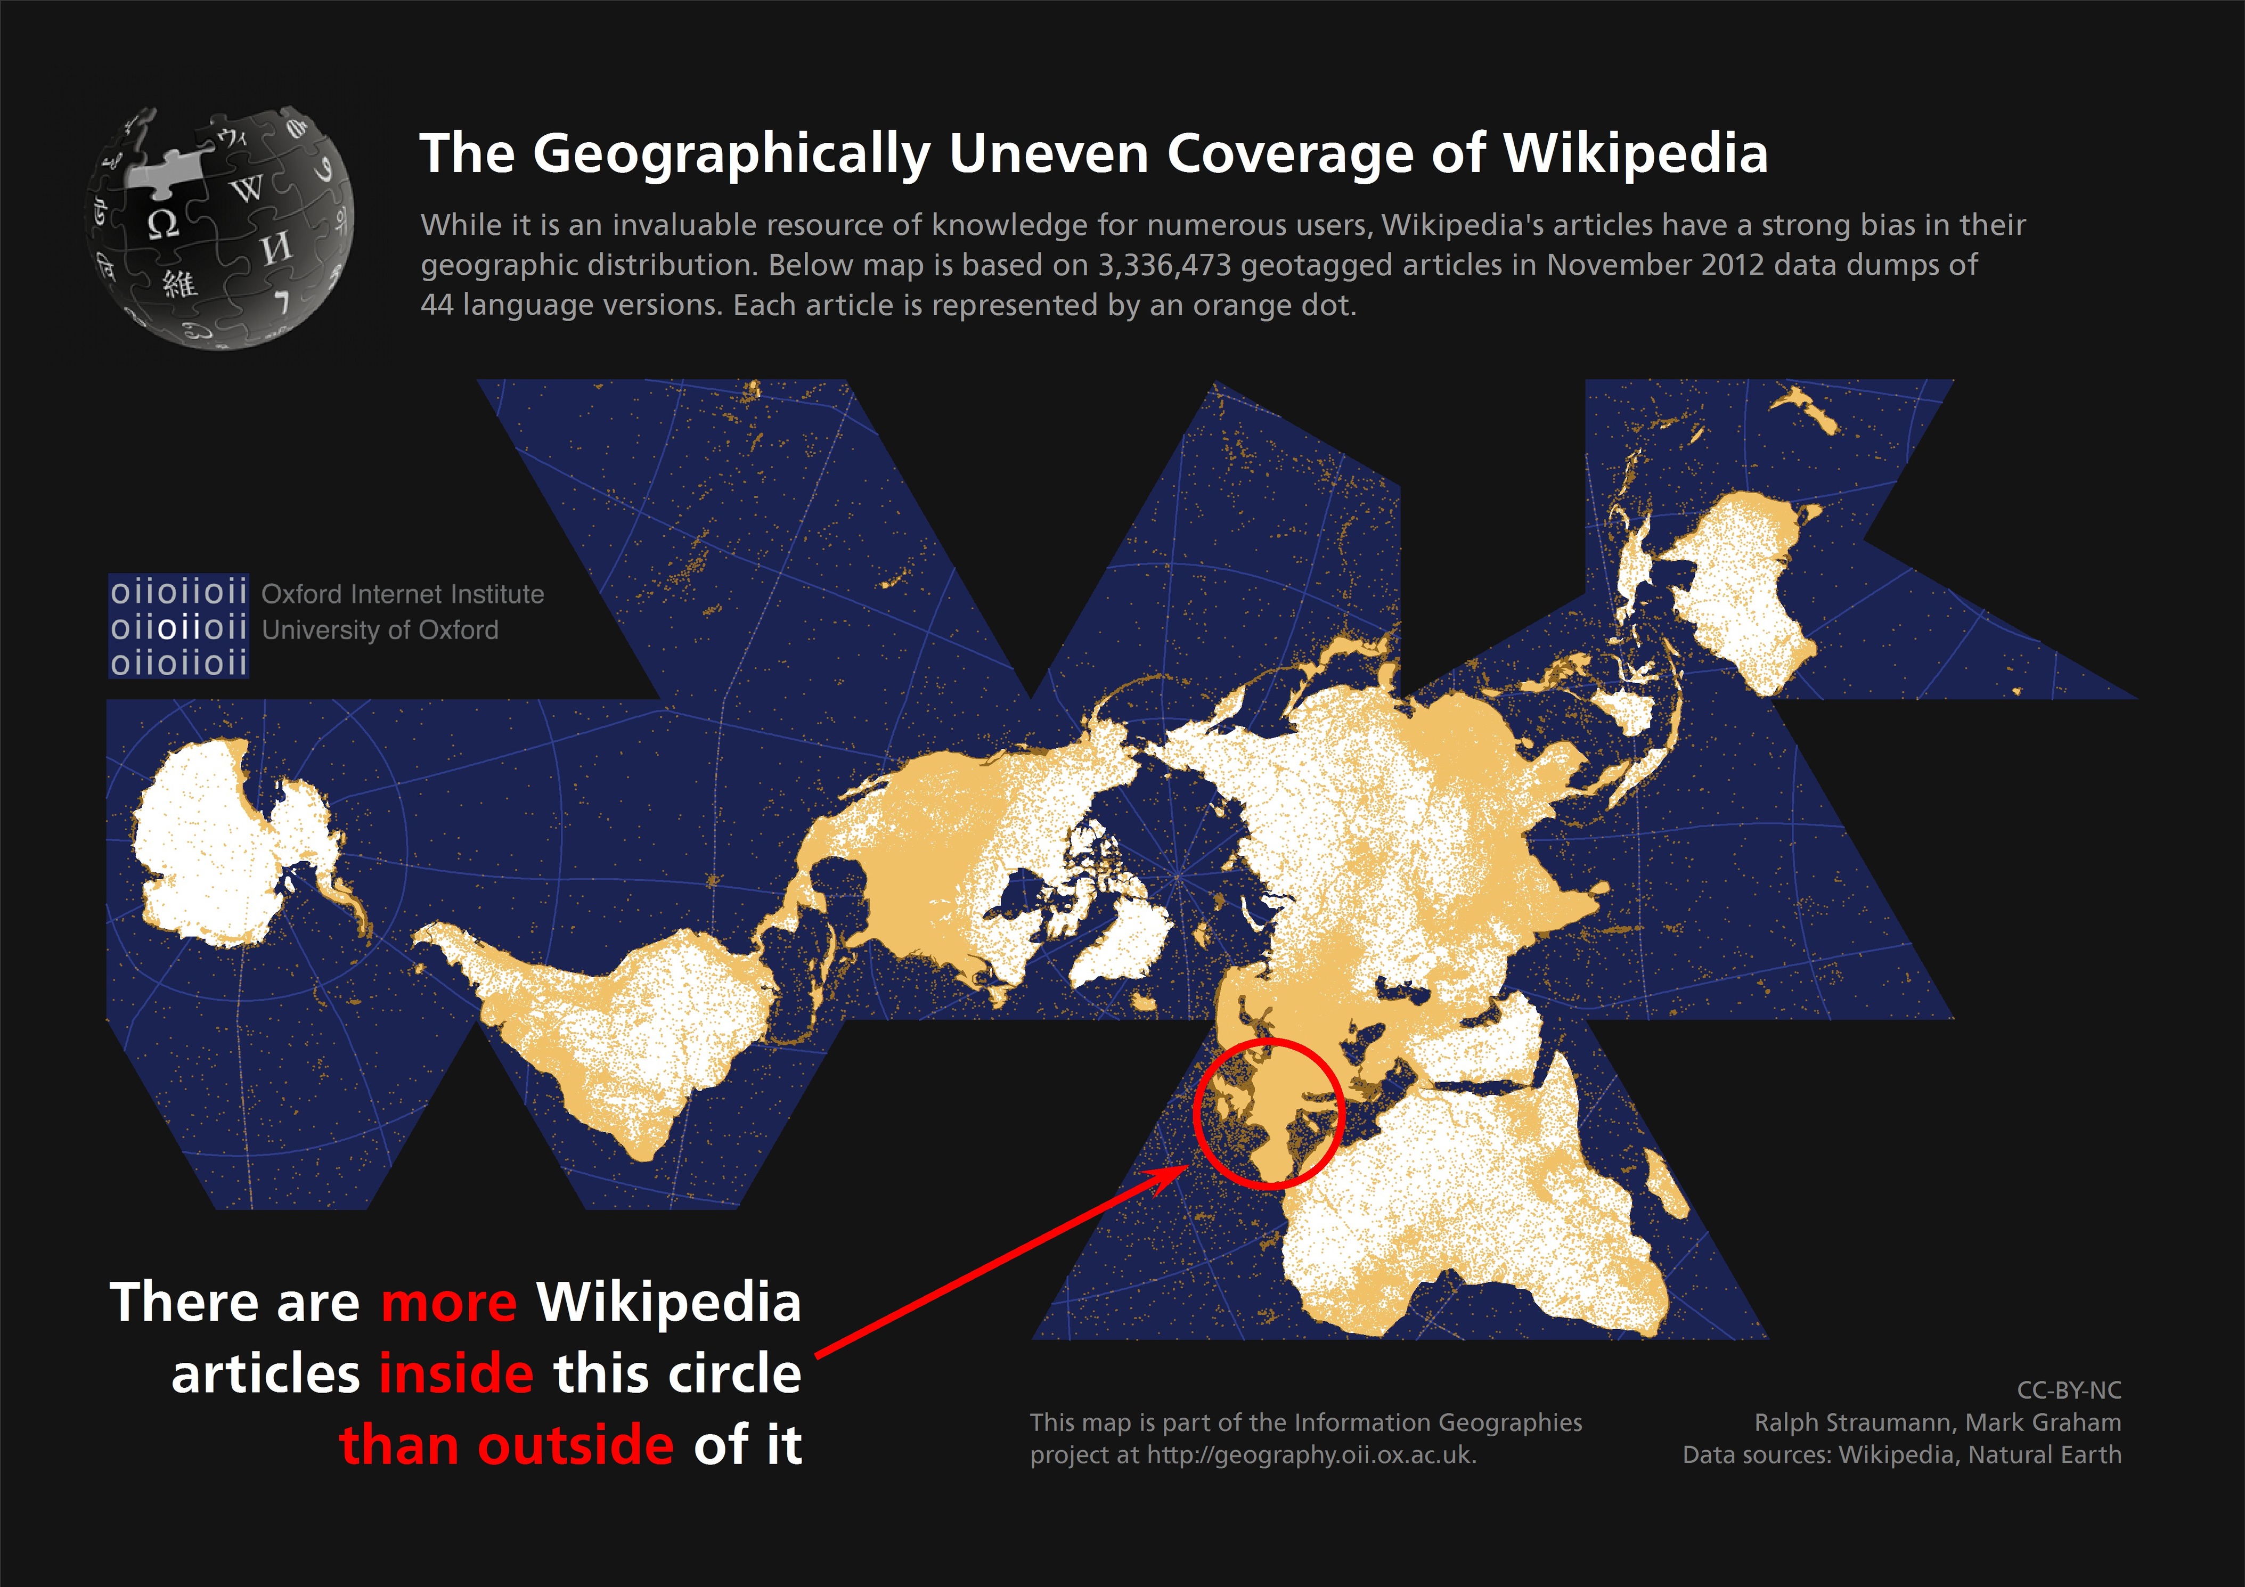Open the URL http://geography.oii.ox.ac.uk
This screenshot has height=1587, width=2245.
[1310, 1455]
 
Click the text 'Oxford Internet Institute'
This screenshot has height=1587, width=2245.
[403, 594]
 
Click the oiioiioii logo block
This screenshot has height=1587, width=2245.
[178, 627]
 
